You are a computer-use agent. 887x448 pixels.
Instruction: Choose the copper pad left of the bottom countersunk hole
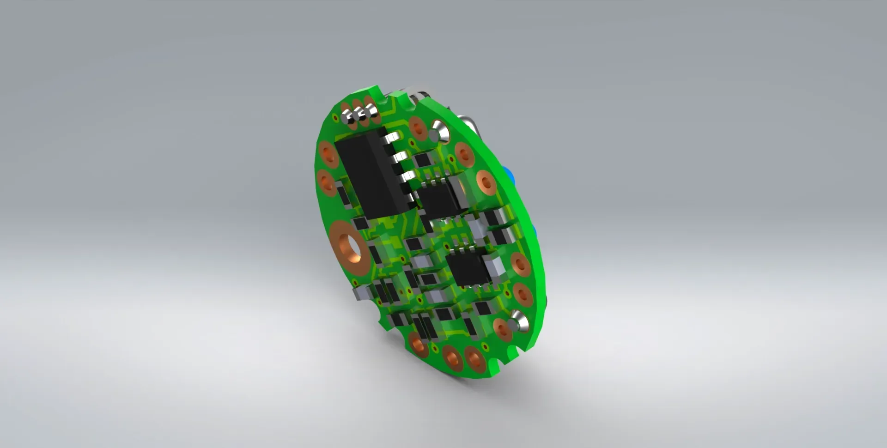[501, 328]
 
